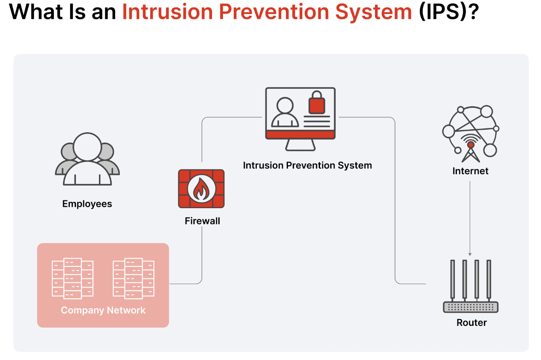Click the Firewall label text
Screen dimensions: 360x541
click(202, 221)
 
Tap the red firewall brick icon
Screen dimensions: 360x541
click(201, 189)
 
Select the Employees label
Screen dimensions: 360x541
click(87, 204)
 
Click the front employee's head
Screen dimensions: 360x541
click(87, 146)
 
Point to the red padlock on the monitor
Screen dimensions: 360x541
click(317, 103)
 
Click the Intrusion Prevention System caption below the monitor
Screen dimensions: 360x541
click(307, 165)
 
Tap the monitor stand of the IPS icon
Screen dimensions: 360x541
click(300, 145)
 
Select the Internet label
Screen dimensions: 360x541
click(470, 171)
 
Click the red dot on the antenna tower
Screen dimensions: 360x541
click(471, 145)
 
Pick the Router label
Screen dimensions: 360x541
click(471, 322)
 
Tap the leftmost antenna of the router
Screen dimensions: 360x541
click(453, 279)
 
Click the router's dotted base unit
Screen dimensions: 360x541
click(471, 307)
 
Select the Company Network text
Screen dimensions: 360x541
click(103, 310)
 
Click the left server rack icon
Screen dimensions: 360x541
click(73, 279)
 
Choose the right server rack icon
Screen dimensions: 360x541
click(134, 279)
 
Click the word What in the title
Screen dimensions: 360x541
click(35, 12)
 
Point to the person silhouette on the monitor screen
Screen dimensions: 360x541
click(285, 112)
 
